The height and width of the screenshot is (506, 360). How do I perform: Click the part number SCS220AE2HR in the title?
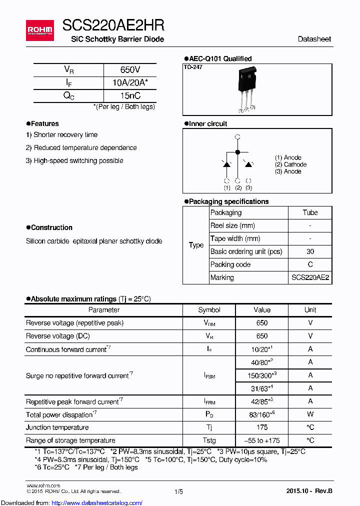[x=113, y=25]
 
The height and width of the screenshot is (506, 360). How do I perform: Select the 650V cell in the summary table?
[x=130, y=70]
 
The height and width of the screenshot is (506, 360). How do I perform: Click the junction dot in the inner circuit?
[x=237, y=151]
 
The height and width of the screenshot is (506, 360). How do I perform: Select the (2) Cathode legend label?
[x=290, y=164]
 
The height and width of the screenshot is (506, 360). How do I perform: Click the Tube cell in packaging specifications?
[x=310, y=212]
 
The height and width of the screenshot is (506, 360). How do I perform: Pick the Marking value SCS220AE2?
[x=310, y=277]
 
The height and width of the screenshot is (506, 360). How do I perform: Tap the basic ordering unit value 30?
[x=310, y=251]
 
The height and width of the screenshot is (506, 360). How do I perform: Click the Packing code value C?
[x=310, y=264]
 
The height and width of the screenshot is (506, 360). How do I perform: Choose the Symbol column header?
[x=209, y=310]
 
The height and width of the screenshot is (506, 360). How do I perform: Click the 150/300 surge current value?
[x=262, y=375]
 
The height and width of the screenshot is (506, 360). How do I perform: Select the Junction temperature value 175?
[x=262, y=427]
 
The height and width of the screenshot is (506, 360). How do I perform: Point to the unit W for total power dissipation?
[x=310, y=414]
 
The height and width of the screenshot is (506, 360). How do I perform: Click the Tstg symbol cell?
[x=209, y=440]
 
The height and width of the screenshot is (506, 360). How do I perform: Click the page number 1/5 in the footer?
[x=178, y=491]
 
